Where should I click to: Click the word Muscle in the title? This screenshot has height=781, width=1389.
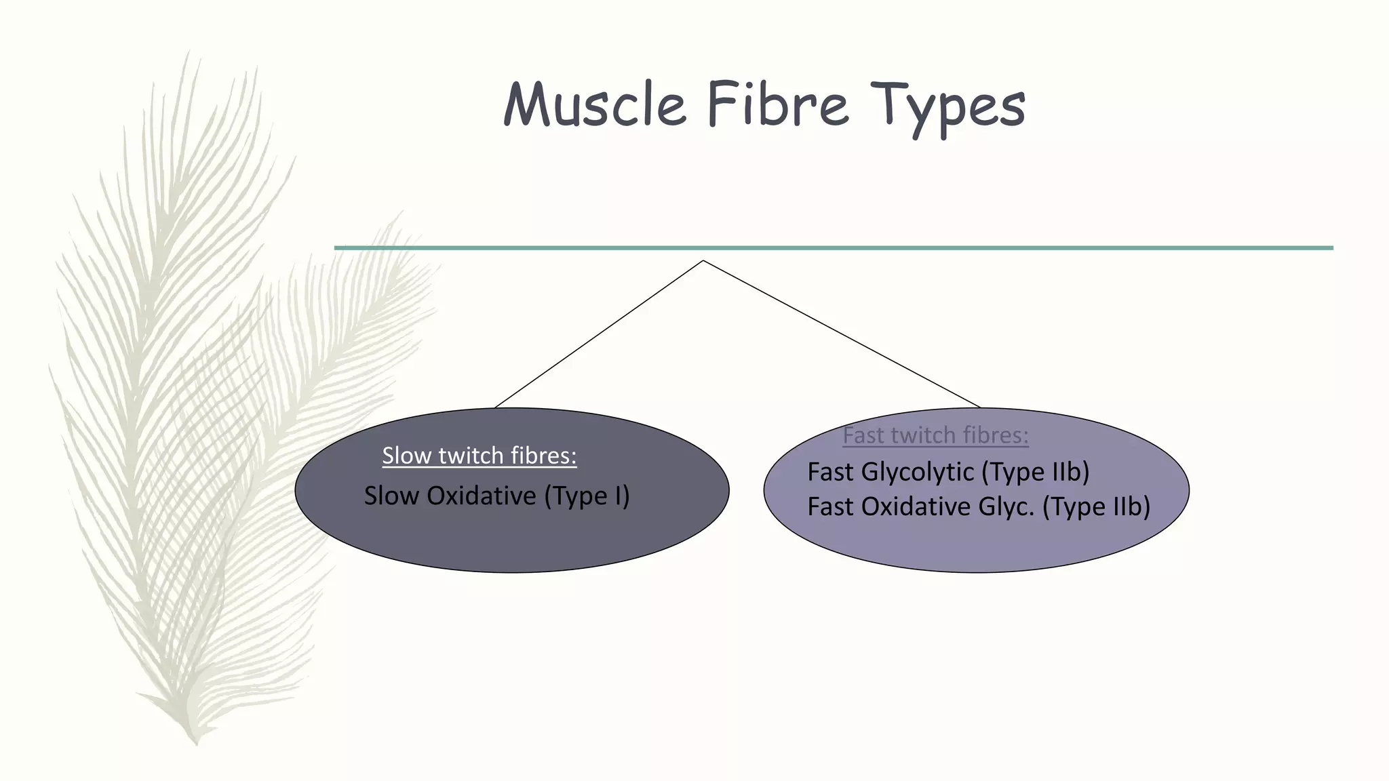[594, 105]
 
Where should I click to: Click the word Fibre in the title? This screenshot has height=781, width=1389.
[777, 105]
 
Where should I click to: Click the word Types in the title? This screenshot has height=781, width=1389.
[947, 107]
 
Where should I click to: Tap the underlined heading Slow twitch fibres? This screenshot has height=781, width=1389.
[479, 456]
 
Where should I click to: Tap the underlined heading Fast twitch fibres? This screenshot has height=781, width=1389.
[935, 435]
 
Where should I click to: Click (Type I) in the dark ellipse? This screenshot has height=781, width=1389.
[587, 496]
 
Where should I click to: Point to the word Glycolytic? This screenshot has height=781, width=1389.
[918, 472]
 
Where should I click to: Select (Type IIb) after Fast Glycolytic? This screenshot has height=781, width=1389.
[1035, 472]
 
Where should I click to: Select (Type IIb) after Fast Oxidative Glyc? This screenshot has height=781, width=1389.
[1096, 507]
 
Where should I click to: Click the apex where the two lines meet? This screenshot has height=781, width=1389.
[703, 260]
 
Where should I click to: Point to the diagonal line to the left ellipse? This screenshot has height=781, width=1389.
[600, 334]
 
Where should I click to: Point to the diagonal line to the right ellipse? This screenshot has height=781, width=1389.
[841, 334]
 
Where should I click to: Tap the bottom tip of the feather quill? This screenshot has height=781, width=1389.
[195, 742]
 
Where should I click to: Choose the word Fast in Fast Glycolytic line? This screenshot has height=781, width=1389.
[830, 472]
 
